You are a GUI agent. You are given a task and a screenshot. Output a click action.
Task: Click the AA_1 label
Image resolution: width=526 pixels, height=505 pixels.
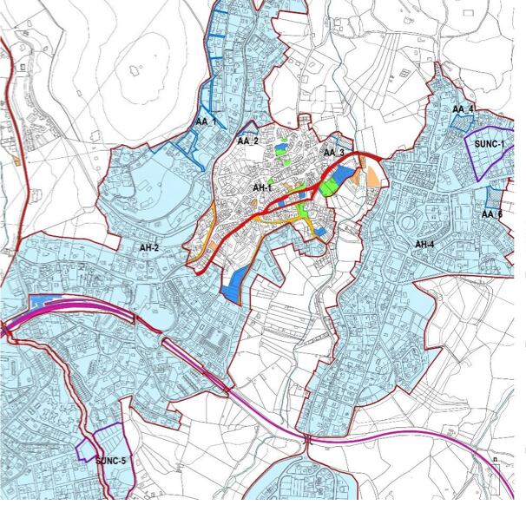click(206, 121)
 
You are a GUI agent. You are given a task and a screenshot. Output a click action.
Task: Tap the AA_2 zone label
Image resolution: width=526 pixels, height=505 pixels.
click(248, 140)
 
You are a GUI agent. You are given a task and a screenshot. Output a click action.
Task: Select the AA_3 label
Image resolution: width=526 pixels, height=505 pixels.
click(334, 153)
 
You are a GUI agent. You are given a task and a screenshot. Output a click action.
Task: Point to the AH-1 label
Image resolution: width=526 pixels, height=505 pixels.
click(262, 188)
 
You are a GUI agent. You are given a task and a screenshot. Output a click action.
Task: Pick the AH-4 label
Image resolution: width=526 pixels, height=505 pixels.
click(424, 245)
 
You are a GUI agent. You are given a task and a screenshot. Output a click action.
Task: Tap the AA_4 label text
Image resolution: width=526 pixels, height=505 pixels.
click(464, 109)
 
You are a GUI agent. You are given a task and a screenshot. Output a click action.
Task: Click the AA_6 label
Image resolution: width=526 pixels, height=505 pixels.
click(492, 214)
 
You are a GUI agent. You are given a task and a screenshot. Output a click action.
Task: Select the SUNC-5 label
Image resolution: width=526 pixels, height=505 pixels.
click(111, 459)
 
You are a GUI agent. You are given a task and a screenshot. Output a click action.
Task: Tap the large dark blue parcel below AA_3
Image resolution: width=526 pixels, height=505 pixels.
click(343, 177)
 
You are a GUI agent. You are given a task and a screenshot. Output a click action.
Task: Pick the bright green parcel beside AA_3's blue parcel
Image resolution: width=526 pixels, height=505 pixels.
click(327, 185)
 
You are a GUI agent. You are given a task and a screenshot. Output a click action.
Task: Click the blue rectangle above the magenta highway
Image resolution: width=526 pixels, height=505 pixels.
click(41, 301)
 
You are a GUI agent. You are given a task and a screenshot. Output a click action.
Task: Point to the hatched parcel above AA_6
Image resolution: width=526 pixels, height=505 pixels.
click(495, 196)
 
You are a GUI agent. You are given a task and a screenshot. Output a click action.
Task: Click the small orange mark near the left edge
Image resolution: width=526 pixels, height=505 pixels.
click(16, 161)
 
